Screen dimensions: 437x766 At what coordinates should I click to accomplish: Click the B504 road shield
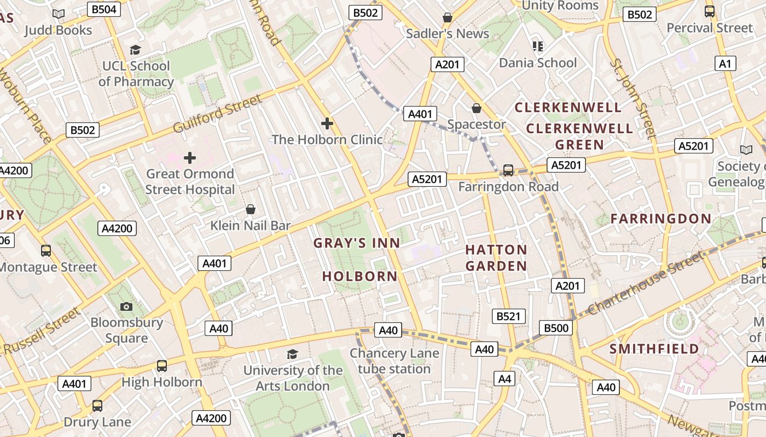tap(104, 9)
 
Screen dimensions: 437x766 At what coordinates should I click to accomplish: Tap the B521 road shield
tap(508, 316)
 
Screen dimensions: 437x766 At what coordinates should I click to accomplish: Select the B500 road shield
tap(556, 328)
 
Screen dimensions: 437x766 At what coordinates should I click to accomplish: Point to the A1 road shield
tap(724, 64)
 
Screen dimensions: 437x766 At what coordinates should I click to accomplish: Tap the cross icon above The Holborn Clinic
tap(327, 123)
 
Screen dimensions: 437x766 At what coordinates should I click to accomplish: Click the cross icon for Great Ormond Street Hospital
tap(190, 158)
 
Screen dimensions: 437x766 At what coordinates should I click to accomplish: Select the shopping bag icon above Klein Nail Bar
tap(251, 209)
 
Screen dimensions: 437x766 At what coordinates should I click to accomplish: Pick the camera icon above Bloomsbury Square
tap(127, 306)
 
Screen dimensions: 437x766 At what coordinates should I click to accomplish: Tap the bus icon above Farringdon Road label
tap(508, 170)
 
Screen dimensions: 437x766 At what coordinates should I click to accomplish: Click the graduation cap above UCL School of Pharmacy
tap(135, 50)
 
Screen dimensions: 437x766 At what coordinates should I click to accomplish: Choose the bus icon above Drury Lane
tap(97, 406)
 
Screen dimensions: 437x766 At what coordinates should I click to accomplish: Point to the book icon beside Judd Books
tap(59, 14)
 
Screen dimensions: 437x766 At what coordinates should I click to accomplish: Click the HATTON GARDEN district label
tap(496, 258)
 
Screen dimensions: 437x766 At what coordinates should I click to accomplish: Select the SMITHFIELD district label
tap(654, 349)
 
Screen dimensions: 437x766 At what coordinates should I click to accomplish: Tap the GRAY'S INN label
tap(356, 243)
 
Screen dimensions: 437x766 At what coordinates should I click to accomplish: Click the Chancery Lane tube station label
tap(394, 361)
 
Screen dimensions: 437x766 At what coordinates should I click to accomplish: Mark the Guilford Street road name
tap(217, 114)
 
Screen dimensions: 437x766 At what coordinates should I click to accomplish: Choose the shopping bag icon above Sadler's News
tap(448, 17)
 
